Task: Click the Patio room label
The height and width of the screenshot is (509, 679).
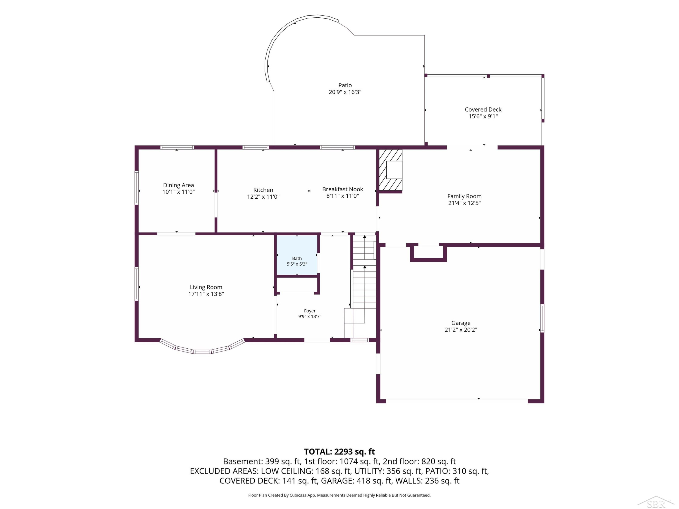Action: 345,85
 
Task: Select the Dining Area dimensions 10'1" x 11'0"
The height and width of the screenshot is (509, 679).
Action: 178,192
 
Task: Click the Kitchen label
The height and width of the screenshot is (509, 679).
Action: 263,190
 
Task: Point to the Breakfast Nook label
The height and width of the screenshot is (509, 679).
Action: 343,189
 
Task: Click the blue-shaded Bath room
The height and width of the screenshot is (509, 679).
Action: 297,255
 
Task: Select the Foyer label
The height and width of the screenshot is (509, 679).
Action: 310,311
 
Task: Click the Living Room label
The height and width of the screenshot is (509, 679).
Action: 206,287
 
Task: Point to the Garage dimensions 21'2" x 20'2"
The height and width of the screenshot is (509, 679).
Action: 461,330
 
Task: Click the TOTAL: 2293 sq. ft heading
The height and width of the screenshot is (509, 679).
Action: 339,452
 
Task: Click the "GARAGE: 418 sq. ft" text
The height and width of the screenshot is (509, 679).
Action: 356,481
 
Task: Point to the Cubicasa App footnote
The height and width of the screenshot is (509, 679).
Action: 339,495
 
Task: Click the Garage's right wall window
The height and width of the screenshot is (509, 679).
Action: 542,318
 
